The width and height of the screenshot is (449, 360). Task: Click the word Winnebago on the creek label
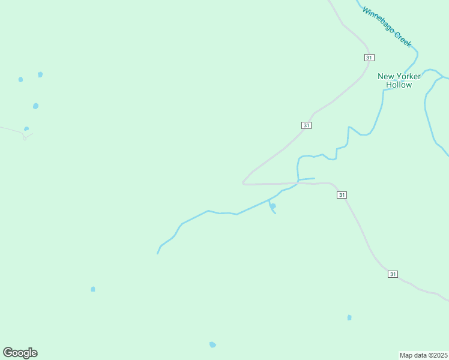tap(378, 20)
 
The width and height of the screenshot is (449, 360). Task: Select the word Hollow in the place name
tap(399, 85)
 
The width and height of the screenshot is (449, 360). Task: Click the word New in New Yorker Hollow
tap(385, 76)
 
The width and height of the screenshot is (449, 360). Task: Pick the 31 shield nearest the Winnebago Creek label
tap(369, 58)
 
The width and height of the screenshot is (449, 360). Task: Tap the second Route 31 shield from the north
tap(306, 125)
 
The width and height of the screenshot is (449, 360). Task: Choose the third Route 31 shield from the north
tap(342, 195)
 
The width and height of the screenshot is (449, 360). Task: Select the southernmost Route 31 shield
tap(393, 274)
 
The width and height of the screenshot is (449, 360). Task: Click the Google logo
tap(20, 353)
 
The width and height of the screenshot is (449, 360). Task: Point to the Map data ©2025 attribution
tap(424, 355)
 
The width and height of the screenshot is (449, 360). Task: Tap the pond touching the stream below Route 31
tap(273, 206)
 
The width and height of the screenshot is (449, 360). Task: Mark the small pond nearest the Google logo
tap(93, 289)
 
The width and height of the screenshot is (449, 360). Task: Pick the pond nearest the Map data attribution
tap(349, 317)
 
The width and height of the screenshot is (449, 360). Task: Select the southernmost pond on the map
tap(212, 344)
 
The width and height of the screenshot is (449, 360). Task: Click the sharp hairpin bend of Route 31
tap(243, 182)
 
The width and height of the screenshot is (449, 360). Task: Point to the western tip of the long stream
tap(157, 253)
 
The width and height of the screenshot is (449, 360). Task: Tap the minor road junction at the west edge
tap(25, 138)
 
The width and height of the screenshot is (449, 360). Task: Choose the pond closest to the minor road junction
tap(26, 128)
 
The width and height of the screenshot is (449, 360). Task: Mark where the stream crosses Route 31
tap(298, 182)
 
